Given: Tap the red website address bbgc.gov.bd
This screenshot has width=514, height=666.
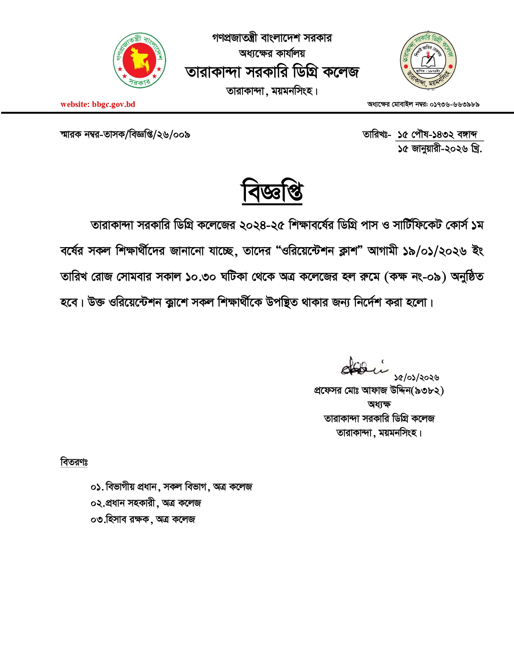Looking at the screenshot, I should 98,105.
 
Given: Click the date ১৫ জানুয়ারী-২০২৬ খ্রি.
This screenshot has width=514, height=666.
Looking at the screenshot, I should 439,149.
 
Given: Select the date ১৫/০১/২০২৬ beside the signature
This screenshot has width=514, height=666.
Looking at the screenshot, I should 416,378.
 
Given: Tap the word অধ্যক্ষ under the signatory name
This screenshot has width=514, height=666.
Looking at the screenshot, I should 379,404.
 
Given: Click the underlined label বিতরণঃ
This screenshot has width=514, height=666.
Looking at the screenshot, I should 74,462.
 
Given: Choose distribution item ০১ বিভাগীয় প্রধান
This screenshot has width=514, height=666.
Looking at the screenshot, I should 171,487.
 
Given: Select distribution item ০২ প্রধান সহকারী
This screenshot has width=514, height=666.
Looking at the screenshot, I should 146,503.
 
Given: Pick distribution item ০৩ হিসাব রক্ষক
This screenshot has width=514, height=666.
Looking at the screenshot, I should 143,519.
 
